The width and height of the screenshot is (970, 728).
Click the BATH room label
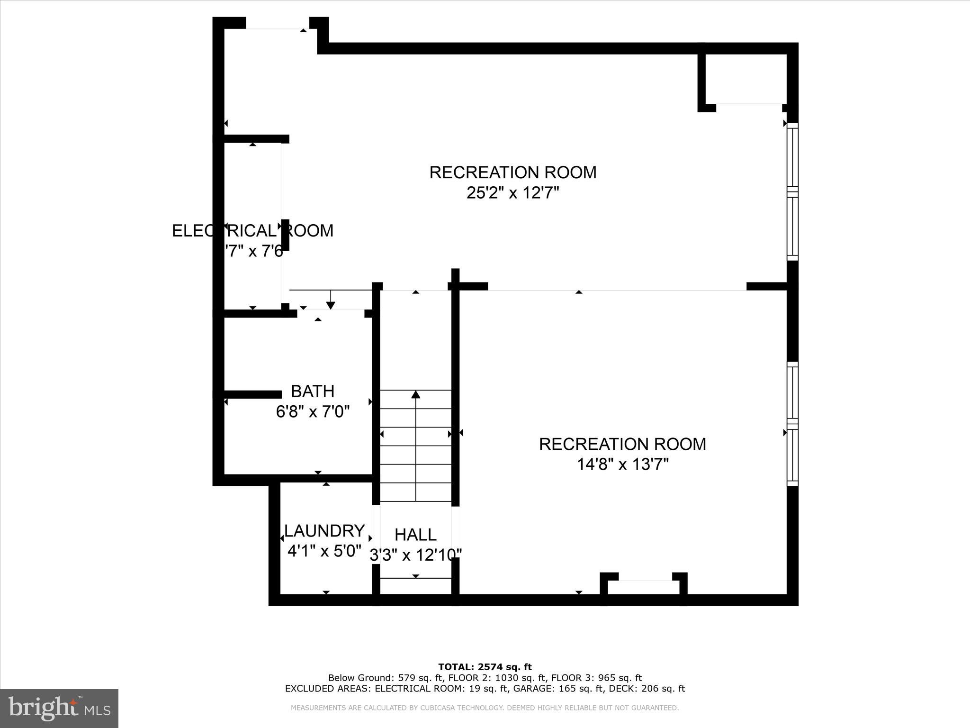[x=313, y=391]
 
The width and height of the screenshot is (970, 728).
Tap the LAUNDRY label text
[x=324, y=530]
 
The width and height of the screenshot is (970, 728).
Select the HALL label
[x=415, y=535]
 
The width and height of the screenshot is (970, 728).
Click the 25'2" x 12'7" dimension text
[x=513, y=193]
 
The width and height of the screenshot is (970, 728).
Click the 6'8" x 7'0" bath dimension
[x=313, y=412]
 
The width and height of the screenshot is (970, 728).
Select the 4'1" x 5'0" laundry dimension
[x=324, y=551]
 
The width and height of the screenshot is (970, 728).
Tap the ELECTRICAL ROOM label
[x=252, y=231]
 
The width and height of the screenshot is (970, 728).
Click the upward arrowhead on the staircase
[x=416, y=394]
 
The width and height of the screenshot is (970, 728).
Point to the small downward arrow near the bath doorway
[x=331, y=305]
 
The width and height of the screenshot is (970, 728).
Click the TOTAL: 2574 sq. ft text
[x=485, y=667]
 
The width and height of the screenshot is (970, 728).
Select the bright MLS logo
[x=59, y=708]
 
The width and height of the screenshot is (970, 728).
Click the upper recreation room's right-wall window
[x=792, y=191]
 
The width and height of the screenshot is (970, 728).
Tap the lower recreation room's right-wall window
[x=792, y=423]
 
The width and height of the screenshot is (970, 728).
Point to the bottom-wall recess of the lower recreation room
[x=644, y=587]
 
